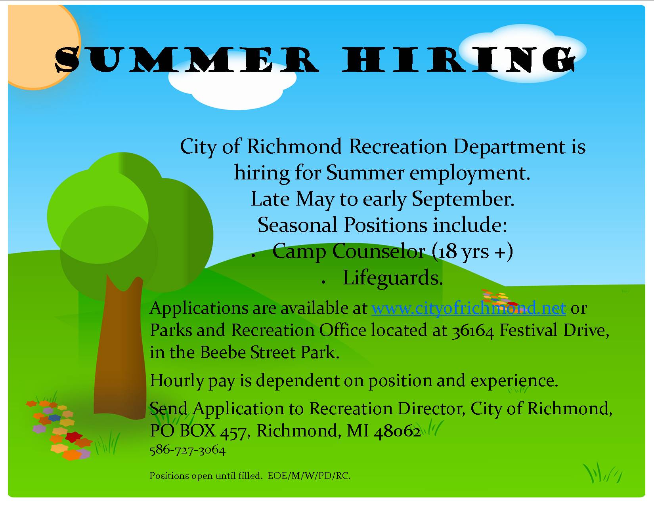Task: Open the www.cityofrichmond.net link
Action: [469, 308]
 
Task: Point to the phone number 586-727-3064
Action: [187, 450]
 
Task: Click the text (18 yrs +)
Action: [472, 252]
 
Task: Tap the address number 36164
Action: [473, 331]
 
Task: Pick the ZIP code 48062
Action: [397, 431]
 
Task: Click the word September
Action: [463, 199]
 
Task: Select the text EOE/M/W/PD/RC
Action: [309, 476]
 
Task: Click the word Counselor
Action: [379, 251]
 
